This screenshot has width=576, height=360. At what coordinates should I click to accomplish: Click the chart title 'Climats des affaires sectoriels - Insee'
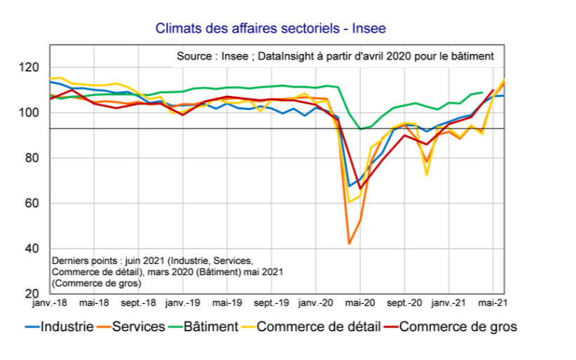pos(270,29)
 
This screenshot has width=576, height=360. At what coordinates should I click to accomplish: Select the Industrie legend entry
pos(67,326)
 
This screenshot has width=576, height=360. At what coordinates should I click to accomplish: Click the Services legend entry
pos(138,326)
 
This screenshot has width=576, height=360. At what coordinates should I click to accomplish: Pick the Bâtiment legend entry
pos(210,326)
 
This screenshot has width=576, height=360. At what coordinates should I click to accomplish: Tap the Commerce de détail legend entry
pos(319,326)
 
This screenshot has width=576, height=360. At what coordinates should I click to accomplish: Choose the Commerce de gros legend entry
pos(458,326)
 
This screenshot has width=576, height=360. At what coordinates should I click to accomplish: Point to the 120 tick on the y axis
pos(31,68)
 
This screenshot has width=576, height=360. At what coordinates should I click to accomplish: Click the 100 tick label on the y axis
pos(31,113)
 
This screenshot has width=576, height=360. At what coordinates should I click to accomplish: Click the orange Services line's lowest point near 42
pos(349,244)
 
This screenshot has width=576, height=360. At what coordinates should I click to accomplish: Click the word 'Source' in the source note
pos(194,55)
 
